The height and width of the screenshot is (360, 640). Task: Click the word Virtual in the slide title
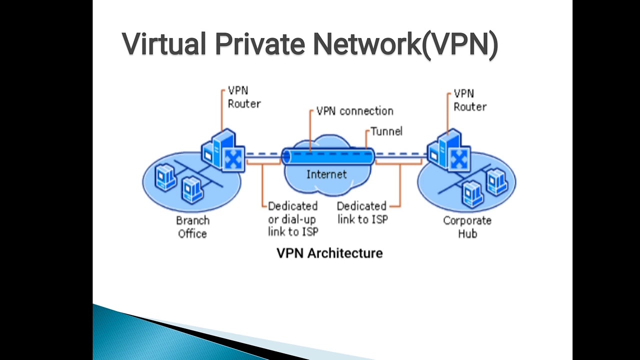160,44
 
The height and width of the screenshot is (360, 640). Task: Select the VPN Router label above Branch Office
244,97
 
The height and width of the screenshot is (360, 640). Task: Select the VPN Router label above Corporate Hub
469,100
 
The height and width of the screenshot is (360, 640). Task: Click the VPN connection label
354,111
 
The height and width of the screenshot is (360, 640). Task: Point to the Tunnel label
386,131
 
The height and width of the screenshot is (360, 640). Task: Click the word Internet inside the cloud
326,174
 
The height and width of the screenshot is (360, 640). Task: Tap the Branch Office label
192,227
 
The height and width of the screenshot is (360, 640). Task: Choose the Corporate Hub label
467,227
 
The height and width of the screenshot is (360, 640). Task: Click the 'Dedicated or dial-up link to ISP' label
292,219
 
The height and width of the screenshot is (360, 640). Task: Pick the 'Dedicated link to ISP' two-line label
362,212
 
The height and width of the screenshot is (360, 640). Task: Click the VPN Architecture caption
329,253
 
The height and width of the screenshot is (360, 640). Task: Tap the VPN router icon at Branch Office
223,150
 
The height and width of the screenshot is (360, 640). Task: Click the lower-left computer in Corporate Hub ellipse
472,193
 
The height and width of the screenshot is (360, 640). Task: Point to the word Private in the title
259,44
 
